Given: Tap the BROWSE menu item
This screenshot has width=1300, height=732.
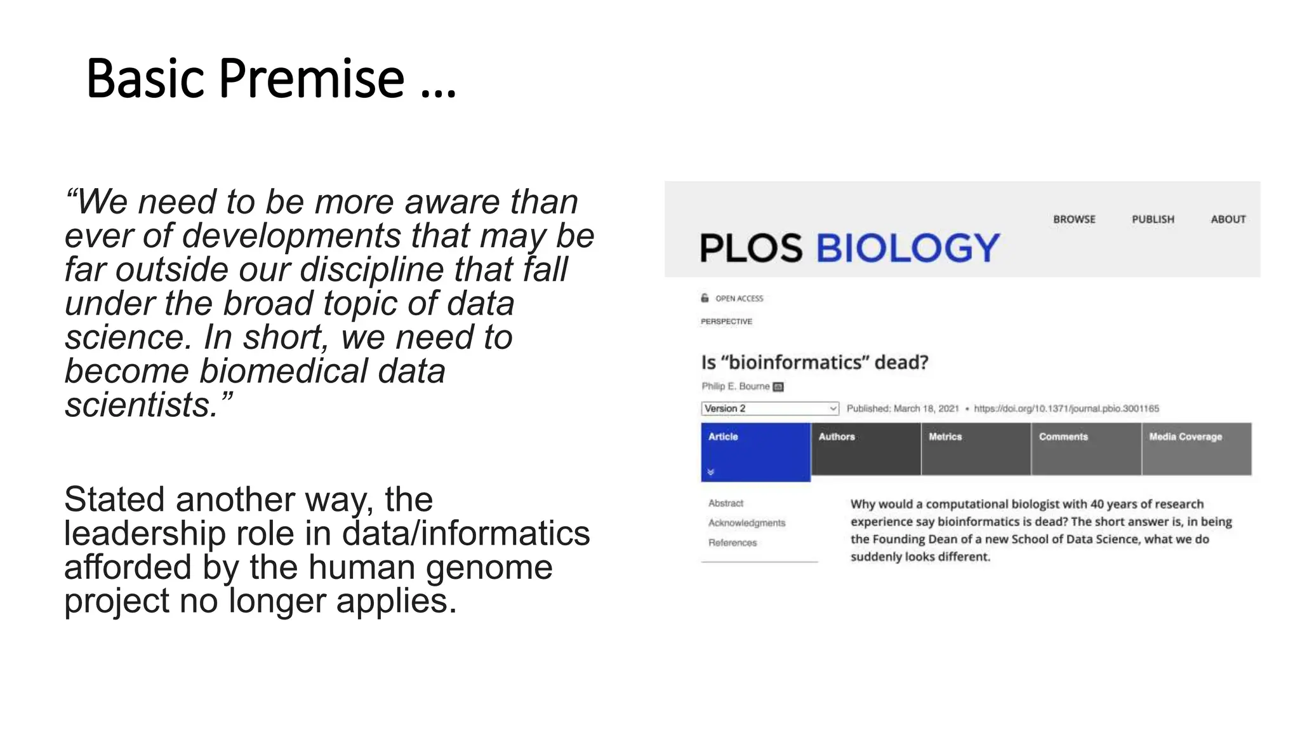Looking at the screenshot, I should point(1074,219).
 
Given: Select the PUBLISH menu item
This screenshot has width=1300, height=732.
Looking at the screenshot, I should point(1153,219).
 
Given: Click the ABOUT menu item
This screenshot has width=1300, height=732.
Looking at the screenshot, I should point(1228,219).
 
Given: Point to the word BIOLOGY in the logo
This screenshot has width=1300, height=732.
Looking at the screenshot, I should point(907,248).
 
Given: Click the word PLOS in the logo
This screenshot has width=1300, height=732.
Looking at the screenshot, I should point(751,248).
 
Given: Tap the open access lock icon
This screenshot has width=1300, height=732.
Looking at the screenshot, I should point(705,298).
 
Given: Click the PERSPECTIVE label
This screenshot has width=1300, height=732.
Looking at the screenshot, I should point(726,322).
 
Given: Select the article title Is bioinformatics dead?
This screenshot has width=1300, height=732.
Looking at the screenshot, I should point(814,362).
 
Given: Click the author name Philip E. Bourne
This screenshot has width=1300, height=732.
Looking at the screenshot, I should point(735,386).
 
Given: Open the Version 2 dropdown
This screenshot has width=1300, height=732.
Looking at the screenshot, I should point(769,409).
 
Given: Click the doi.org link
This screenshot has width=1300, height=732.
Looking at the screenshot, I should point(1066,409).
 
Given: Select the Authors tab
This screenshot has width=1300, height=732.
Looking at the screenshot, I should point(866,449).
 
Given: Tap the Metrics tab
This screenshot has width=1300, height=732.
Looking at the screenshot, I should point(976,449).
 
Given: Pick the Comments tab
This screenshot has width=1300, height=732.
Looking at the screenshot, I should point(1086,449).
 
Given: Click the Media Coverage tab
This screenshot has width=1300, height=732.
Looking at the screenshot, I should point(1197,449).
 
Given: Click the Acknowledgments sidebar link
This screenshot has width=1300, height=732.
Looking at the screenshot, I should point(746,523).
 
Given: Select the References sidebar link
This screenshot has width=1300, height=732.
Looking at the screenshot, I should point(733,543).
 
